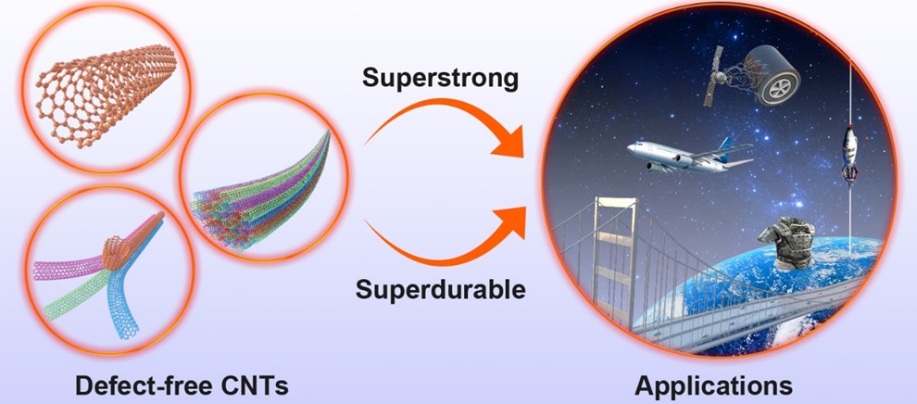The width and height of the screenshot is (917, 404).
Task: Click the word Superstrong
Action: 440,79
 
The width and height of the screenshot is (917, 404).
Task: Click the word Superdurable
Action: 440,288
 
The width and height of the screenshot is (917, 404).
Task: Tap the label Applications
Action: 713,385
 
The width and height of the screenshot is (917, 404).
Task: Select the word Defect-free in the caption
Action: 144,385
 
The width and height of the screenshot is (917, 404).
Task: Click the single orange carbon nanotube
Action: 107,93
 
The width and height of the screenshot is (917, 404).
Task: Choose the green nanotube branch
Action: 76,297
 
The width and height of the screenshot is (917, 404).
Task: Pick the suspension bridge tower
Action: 614,258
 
